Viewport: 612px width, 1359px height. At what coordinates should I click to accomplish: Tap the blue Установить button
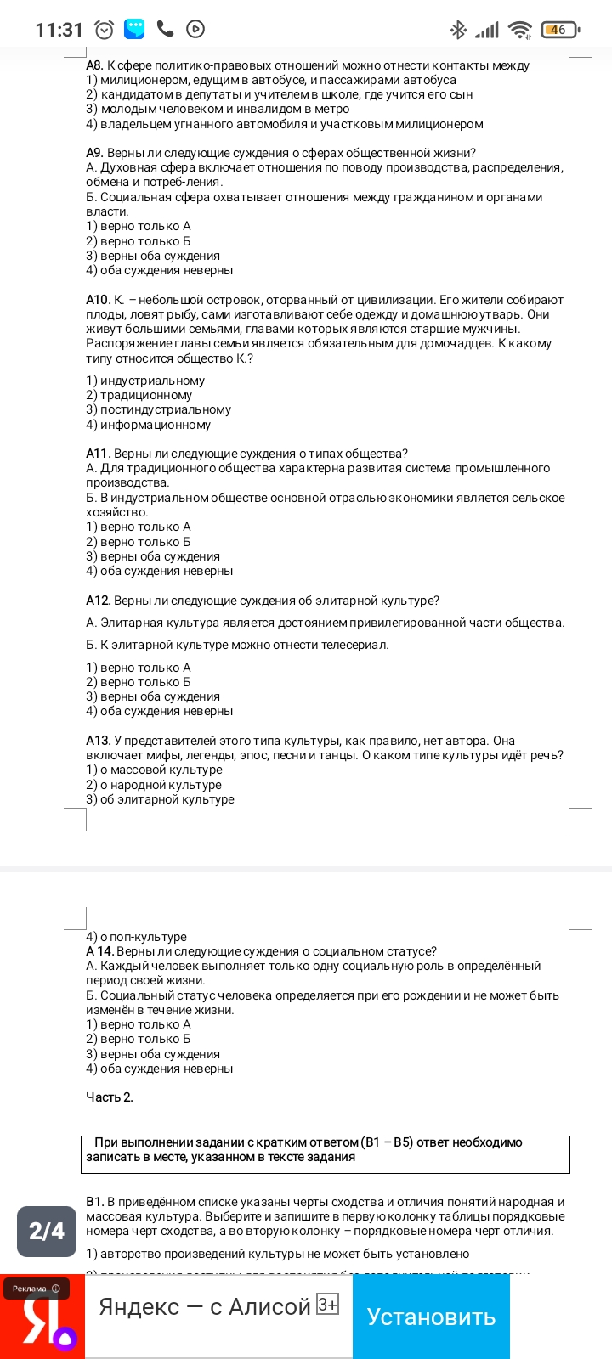point(431,1317)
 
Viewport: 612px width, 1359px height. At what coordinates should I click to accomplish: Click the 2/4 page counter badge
point(47,1231)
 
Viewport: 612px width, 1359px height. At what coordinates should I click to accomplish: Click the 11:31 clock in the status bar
point(59,30)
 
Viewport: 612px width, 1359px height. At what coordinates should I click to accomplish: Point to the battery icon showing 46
point(558,30)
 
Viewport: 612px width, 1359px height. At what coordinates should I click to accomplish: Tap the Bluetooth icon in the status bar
point(458,30)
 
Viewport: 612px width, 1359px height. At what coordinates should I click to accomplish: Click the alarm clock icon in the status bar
point(105,30)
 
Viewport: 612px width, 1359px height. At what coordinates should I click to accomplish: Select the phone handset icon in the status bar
point(166,29)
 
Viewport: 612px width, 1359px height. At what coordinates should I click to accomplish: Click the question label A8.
point(94,65)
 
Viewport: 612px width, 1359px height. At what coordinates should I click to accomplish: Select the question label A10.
point(98,300)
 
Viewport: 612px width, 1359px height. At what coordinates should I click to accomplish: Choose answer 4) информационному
point(148,425)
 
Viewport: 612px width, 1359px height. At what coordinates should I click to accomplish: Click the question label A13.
point(98,741)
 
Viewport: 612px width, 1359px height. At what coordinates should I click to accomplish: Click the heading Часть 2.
point(110,1097)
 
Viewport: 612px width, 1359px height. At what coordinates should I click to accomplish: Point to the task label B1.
point(94,1202)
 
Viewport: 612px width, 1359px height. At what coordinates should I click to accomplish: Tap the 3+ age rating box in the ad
point(327,1305)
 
